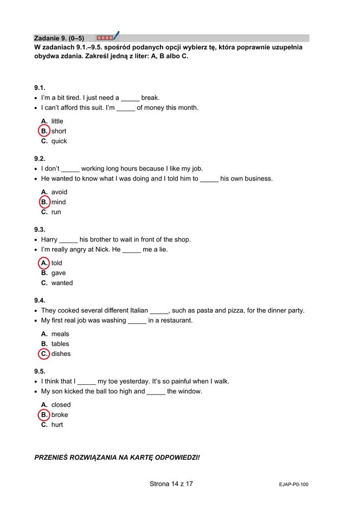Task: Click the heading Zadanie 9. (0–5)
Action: point(59,38)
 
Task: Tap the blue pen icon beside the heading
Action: point(116,36)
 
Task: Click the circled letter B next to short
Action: point(44,131)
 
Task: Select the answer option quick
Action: point(59,141)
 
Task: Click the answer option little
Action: point(57,121)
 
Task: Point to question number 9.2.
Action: point(40,158)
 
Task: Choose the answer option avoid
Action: point(59,192)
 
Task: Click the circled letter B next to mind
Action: point(44,202)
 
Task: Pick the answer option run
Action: point(56,212)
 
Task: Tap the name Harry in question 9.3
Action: point(49,239)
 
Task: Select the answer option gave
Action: point(59,273)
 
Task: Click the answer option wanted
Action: point(62,283)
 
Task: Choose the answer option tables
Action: point(60,343)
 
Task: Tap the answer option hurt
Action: point(57,425)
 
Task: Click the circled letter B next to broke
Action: point(44,415)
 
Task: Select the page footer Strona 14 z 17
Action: point(171,483)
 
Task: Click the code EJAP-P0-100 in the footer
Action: point(290,485)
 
